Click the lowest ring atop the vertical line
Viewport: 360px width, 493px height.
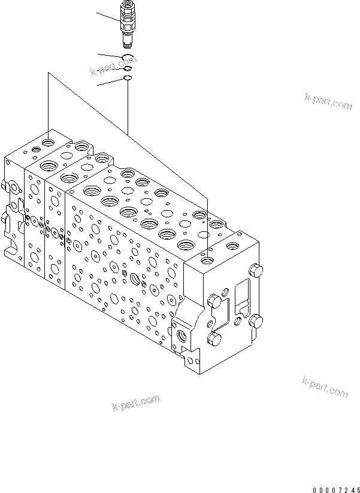point(127,78)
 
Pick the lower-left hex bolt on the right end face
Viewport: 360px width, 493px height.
point(214,340)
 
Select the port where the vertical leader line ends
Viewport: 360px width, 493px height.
point(207,259)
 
